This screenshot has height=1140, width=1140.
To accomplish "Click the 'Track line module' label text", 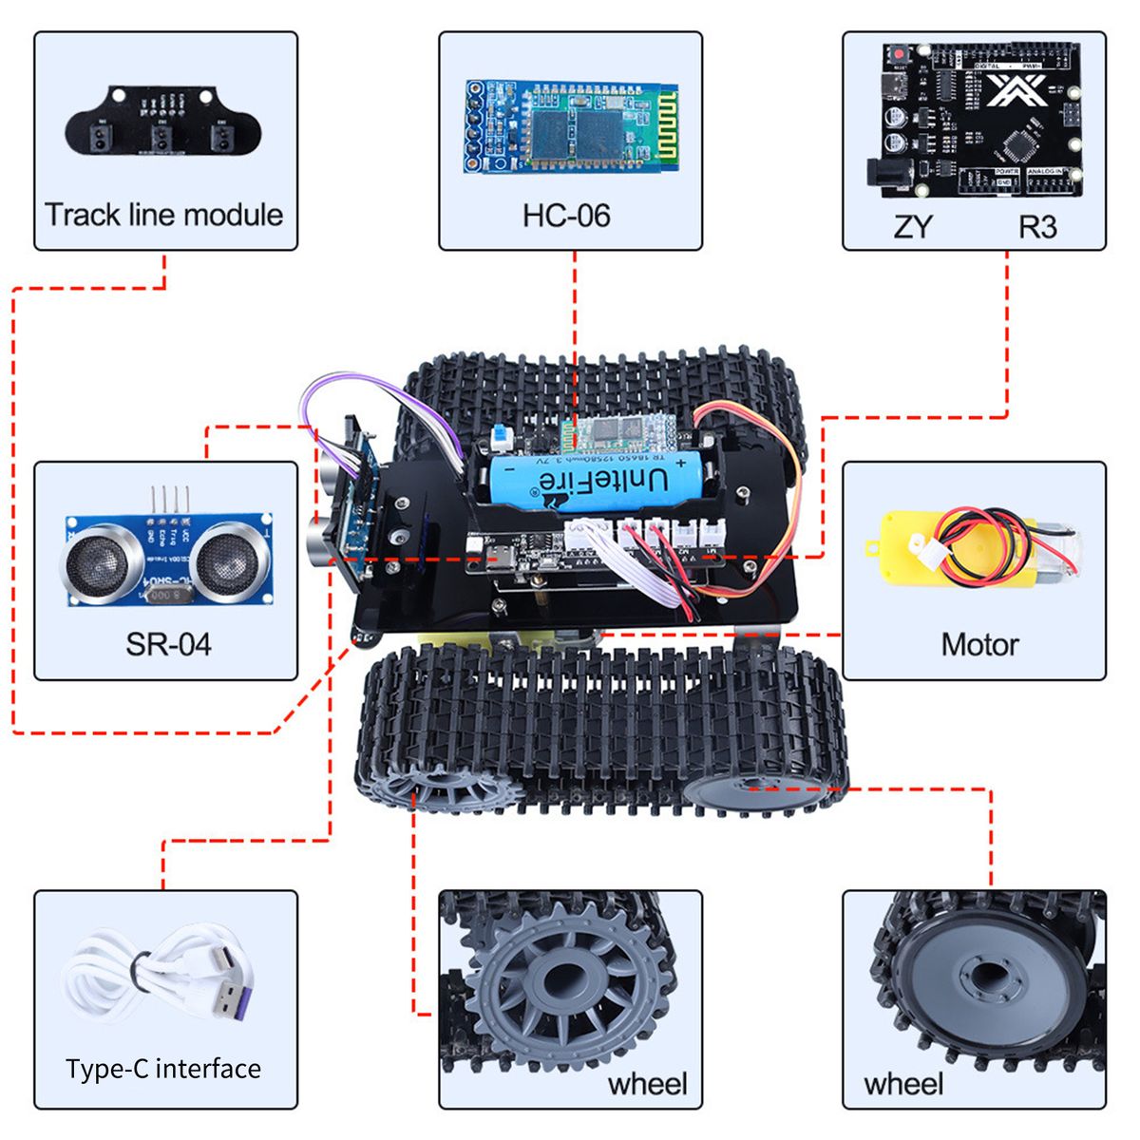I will point(163,215).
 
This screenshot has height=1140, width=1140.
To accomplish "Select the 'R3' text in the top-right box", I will point(1037,227).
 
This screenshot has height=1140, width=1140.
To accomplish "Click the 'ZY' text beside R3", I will point(913,227).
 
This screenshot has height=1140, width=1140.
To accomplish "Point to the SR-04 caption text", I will point(168,645).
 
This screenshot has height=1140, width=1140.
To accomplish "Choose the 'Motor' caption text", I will point(979,645).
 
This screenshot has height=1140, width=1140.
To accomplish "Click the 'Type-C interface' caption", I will point(163,1069).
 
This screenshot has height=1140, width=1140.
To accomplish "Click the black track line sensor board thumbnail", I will point(161,122).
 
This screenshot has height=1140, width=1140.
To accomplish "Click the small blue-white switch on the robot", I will point(502,438).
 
